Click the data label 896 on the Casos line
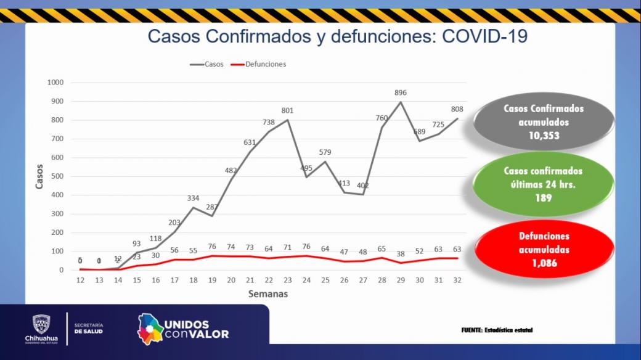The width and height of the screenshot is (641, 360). [x=401, y=92]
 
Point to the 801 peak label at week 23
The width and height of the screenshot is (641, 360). [x=287, y=110]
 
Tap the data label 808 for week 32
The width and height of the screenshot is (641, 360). [x=457, y=109]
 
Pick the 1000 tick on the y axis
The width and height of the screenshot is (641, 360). [x=55, y=83]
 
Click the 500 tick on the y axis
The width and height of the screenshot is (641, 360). [x=57, y=176]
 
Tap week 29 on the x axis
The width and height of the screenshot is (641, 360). [x=401, y=280]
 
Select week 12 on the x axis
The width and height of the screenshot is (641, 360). [x=80, y=280]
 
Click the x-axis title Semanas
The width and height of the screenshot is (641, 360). [x=268, y=294]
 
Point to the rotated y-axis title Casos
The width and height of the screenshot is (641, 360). [x=40, y=176]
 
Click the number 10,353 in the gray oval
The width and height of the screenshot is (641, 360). [x=543, y=136]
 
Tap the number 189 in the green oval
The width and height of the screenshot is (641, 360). [x=543, y=198]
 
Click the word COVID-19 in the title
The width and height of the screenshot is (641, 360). [x=485, y=36]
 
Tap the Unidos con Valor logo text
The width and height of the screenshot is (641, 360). [x=196, y=329]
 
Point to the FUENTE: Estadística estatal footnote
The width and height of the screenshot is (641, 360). [x=497, y=330]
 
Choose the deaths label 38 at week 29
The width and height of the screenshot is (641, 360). [x=401, y=253]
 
